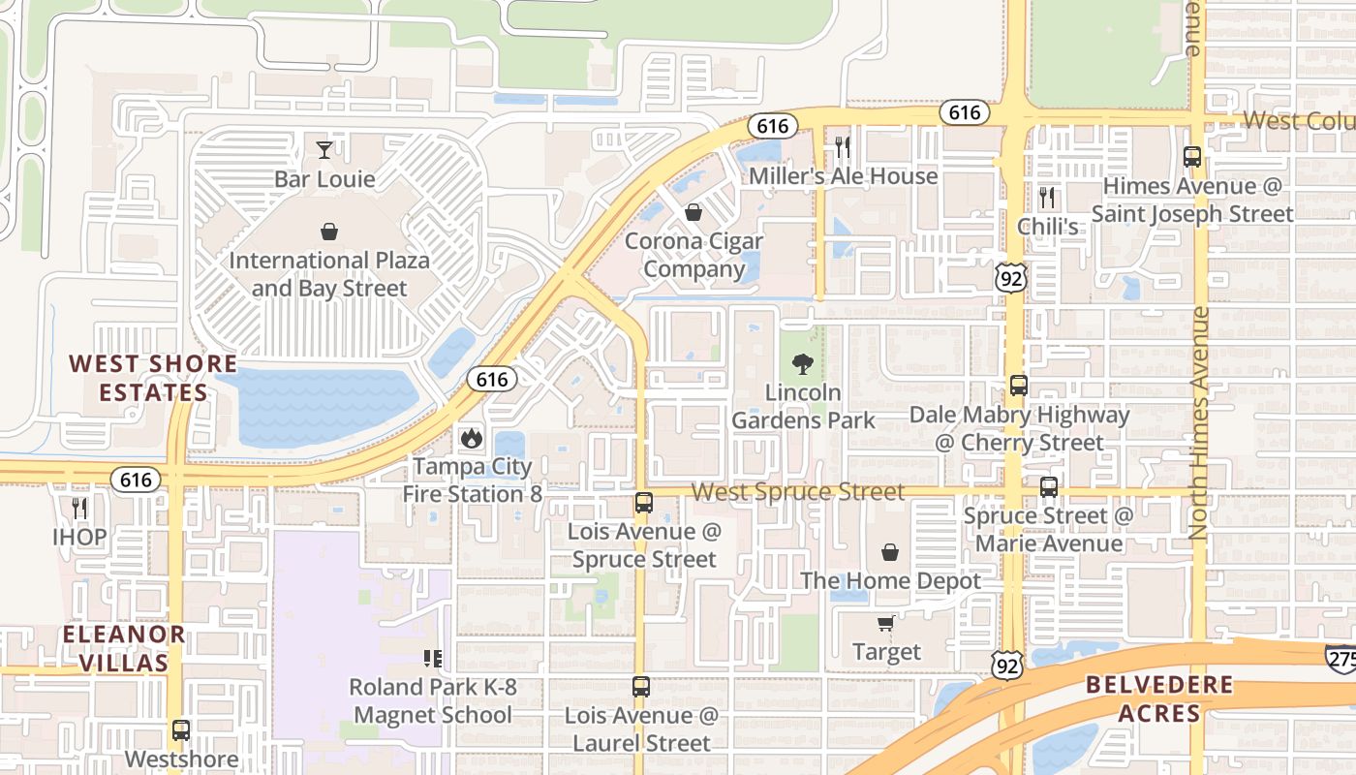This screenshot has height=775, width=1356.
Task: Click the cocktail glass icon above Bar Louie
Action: [324, 149]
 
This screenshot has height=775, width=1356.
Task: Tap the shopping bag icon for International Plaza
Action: [329, 232]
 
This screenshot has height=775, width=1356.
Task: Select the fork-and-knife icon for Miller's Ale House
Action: [843, 146]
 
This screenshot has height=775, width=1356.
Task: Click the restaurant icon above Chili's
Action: [1047, 198]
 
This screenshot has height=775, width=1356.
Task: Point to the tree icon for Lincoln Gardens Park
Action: [802, 364]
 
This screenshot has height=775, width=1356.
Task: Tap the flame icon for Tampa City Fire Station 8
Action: [472, 438]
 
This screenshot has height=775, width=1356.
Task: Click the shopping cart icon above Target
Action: [885, 623]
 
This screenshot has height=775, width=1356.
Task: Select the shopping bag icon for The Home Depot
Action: [890, 552]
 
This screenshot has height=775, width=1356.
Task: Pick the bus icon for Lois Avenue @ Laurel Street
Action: [640, 687]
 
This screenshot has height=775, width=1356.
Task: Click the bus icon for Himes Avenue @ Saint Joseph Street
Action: [1192, 157]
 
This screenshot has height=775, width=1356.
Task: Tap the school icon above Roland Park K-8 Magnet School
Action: [432, 659]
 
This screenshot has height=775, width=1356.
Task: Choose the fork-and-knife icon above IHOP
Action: [79, 508]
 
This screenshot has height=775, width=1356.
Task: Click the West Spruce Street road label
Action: [799, 492]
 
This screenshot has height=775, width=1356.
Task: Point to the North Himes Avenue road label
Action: [1199, 422]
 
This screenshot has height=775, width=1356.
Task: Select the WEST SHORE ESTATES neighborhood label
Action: [153, 378]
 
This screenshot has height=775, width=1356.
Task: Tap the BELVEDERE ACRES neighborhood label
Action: [1159, 699]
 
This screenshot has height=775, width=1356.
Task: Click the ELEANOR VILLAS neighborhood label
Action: [124, 649]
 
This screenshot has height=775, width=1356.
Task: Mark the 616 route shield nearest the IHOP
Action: [137, 479]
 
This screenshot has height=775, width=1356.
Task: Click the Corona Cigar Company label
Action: [693, 255]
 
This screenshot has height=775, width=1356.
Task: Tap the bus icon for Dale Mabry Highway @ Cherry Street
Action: [1018, 385]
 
